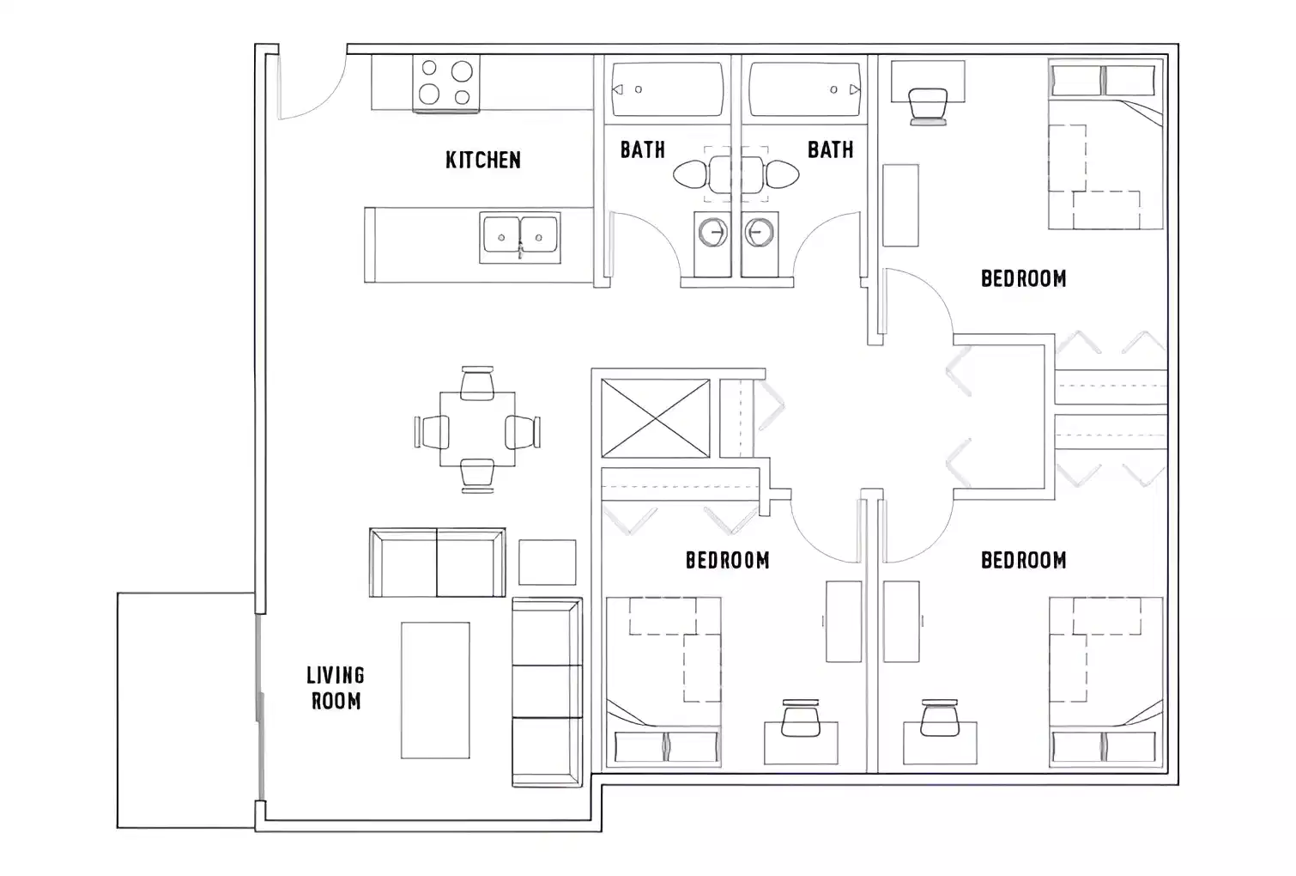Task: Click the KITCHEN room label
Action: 482,160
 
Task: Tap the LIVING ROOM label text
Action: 336,688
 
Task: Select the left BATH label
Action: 642,149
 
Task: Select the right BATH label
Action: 830,149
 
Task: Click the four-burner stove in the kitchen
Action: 445,83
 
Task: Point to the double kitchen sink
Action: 520,236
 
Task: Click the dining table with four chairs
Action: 477,429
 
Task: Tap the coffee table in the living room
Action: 435,690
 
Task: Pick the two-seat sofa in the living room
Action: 437,563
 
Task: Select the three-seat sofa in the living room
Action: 547,691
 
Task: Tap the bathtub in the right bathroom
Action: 804,89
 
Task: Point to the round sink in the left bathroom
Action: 712,233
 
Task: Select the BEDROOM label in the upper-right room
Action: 1023,278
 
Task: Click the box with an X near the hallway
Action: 656,418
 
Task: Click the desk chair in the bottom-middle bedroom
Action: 801,720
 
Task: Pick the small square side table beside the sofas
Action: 547,562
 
